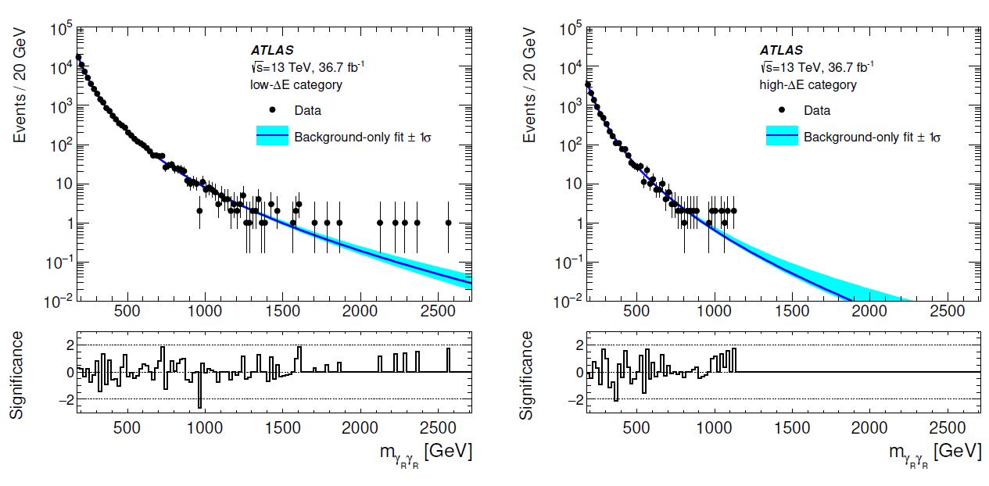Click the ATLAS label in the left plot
coord(272,51)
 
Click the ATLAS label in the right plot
coord(782,51)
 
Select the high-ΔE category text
coord(810,84)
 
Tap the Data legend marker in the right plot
coord(782,110)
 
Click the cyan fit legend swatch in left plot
coord(272,136)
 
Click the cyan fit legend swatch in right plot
coord(782,136)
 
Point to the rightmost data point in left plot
coord(448,223)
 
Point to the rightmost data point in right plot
coord(733,211)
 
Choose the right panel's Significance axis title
coord(529,375)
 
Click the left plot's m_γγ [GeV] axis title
coord(422,452)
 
